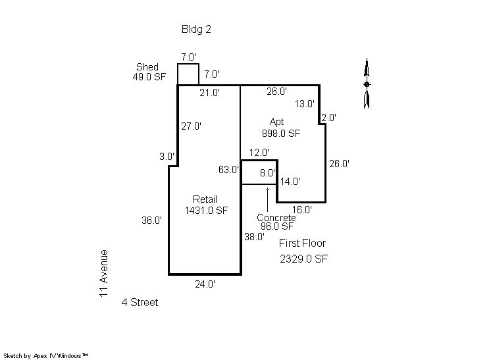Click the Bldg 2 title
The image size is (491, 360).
(x=196, y=30)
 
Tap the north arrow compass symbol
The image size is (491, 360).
(x=367, y=84)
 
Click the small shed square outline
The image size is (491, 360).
(x=188, y=64)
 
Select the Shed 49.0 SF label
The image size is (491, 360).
(x=149, y=72)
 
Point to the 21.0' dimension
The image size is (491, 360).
(x=210, y=93)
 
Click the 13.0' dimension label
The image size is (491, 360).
(x=305, y=103)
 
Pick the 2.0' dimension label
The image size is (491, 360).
(x=329, y=118)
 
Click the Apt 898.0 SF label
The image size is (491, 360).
(x=281, y=128)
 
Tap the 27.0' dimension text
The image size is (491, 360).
(x=191, y=126)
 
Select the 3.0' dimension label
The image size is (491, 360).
(x=167, y=156)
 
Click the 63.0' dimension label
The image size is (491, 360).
(x=228, y=170)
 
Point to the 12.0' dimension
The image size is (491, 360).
(x=259, y=153)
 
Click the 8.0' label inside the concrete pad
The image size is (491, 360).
(x=267, y=173)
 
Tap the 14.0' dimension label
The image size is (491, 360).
(x=290, y=181)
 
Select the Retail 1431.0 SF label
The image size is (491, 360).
(x=206, y=205)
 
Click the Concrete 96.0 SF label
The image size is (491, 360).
(x=276, y=222)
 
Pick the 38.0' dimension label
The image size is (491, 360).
(x=254, y=237)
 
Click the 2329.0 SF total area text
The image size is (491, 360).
(x=303, y=259)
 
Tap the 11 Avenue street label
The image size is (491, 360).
(x=103, y=273)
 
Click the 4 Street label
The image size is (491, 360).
(x=140, y=302)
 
